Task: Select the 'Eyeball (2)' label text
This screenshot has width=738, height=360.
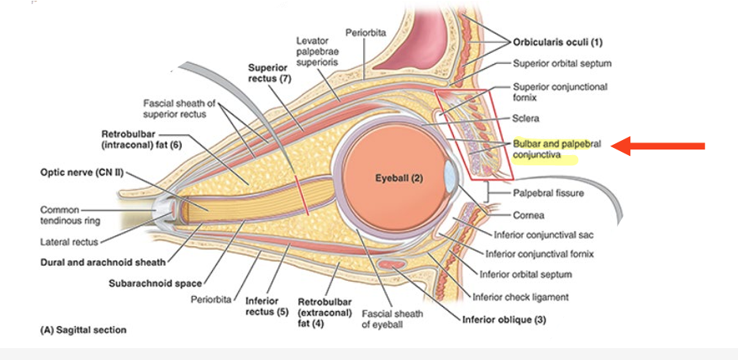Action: tap(399, 178)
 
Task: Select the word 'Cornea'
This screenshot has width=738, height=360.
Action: tap(528, 214)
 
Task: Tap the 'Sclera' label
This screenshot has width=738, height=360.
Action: tap(526, 119)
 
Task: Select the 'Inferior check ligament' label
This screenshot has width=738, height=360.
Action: tap(520, 297)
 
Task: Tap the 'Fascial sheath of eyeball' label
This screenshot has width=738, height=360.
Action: tap(392, 319)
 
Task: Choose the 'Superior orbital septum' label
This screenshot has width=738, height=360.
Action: tap(562, 63)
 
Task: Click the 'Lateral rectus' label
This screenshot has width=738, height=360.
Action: tap(69, 242)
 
